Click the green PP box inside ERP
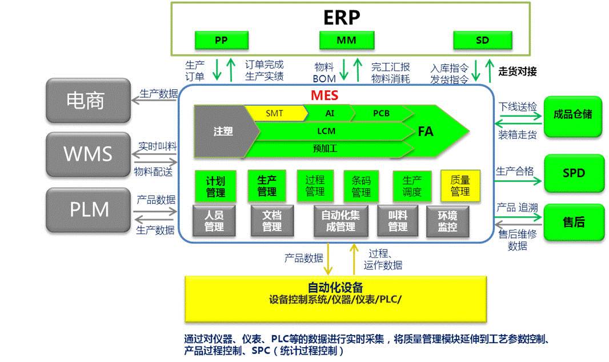221,41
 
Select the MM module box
346,41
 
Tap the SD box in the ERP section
482,41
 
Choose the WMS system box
88,154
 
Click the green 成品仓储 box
573,115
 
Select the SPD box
573,173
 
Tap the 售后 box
573,222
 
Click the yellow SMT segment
275,113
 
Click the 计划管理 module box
215,186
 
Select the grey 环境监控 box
447,221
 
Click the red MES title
324,95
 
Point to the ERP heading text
342,17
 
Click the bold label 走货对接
518,72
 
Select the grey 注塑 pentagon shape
219,131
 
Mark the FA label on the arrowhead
426,132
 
